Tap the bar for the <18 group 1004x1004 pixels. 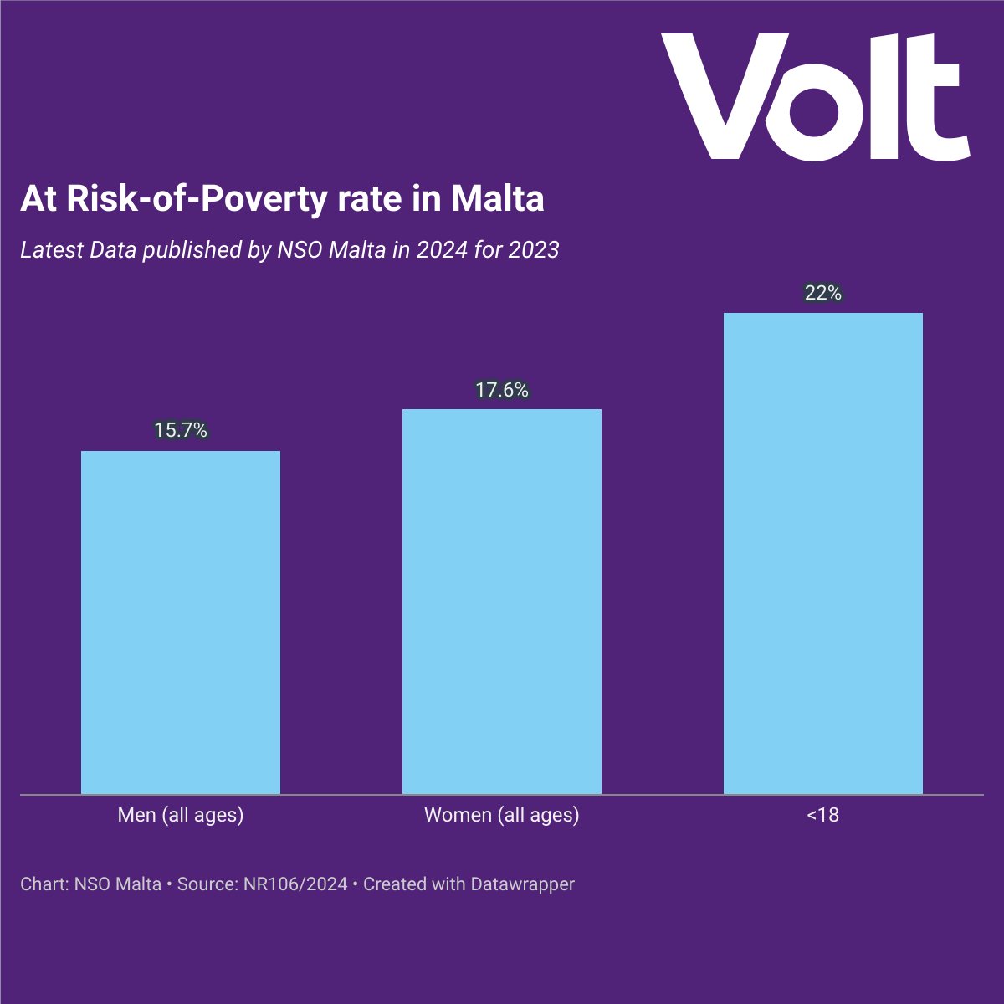click(823, 553)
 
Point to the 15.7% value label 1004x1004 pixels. click(181, 430)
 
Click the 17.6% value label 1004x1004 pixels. click(502, 390)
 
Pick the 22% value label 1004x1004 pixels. click(823, 293)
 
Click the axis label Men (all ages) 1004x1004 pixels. click(181, 815)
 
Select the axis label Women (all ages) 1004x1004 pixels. click(502, 815)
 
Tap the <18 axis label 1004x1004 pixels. click(823, 815)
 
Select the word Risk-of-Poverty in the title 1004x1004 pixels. click(184, 199)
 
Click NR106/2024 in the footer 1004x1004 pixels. click(295, 884)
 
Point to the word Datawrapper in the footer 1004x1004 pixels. click(522, 884)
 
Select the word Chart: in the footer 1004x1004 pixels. click(44, 884)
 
